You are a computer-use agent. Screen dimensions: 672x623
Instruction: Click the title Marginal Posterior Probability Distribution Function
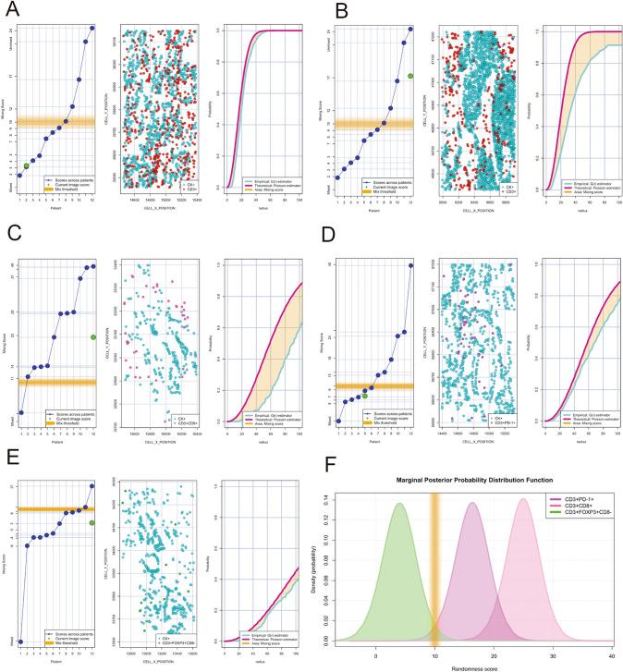click(474, 480)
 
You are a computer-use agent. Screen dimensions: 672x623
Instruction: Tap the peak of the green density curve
click(399, 504)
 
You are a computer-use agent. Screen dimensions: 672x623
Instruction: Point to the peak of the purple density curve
click(473, 503)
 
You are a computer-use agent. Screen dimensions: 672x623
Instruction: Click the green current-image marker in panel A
click(26, 165)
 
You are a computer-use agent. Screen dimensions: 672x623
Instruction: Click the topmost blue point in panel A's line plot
click(92, 28)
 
